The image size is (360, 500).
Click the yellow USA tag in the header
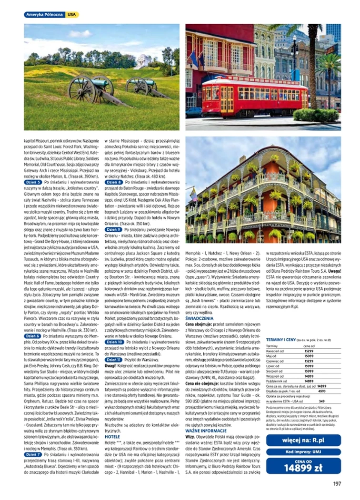(72, 15)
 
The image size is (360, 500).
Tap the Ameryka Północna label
(45, 15)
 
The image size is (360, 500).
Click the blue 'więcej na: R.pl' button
(303, 440)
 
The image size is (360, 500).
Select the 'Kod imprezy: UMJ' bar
(303, 452)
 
